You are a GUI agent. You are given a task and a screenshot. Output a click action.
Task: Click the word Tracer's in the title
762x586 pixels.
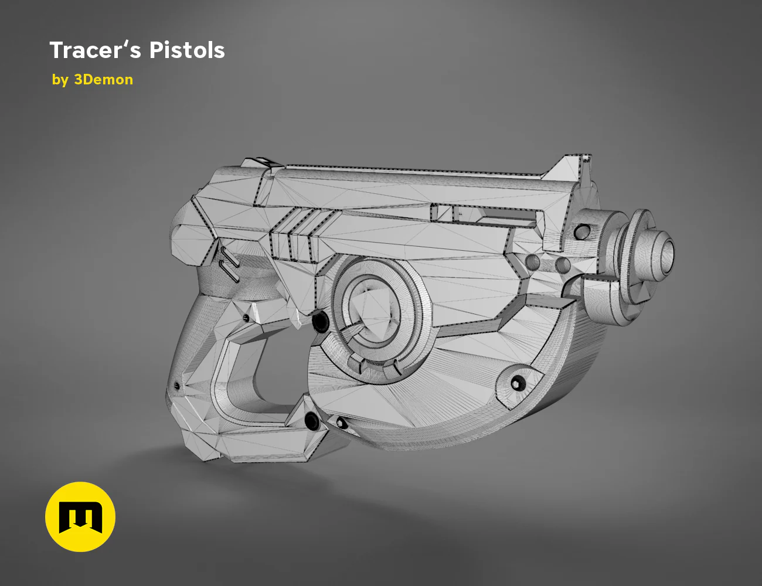96,50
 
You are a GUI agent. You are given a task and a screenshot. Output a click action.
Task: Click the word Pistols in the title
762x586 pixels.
187,50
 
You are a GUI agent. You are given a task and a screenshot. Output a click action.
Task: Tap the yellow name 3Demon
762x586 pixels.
103,80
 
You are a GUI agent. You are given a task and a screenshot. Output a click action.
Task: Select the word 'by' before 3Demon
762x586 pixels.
60,80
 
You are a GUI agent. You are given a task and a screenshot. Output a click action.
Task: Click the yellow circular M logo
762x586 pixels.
80,517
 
